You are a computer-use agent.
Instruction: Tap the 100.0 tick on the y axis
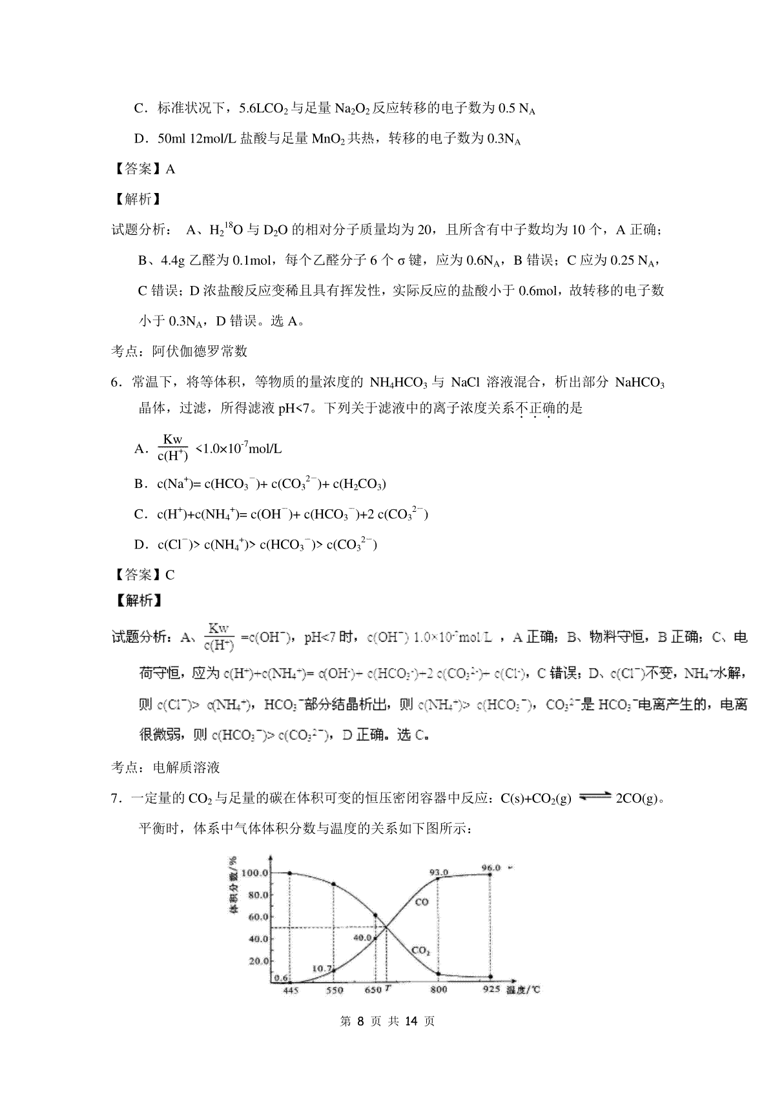coord(253,873)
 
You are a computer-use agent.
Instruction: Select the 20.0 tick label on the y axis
coord(256,960)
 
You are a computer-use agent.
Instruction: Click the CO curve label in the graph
coord(421,902)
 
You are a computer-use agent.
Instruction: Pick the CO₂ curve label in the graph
coord(420,951)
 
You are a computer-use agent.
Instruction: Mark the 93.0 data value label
coord(439,872)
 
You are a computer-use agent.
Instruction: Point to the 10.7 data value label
coord(321,968)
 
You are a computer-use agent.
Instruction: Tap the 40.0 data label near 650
coord(362,938)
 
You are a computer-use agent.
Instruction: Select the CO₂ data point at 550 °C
coord(333,884)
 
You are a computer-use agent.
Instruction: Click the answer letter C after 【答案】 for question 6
coord(170,574)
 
